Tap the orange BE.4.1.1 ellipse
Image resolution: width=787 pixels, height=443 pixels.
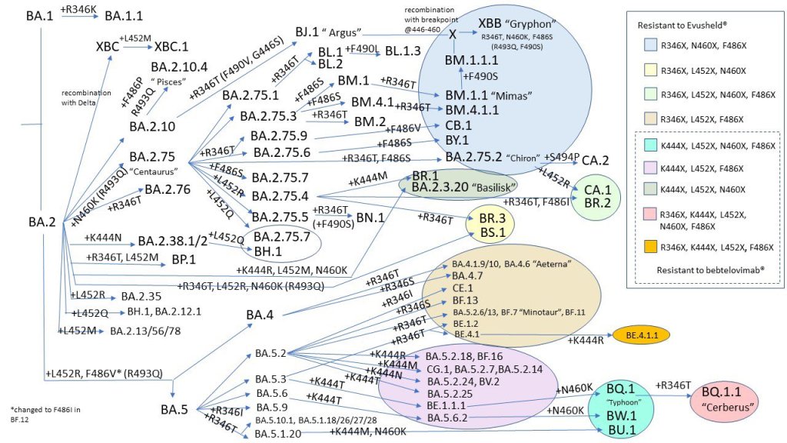(x=642, y=335)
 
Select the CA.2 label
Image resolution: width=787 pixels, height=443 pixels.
(x=595, y=160)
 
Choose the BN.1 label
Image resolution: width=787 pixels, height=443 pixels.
(x=370, y=218)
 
